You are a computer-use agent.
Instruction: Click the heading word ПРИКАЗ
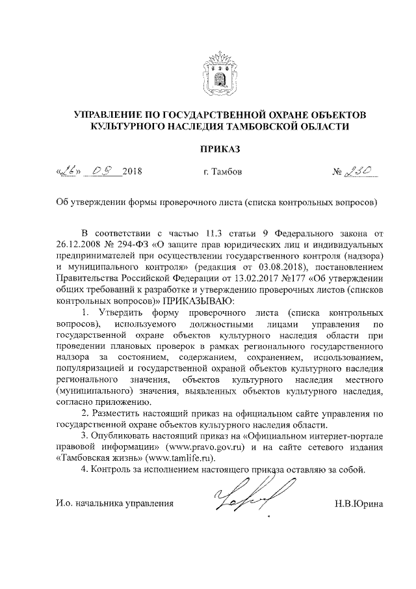tap(220, 149)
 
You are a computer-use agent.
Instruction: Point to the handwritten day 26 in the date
tap(68, 172)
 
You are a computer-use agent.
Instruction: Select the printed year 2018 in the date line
tap(131, 173)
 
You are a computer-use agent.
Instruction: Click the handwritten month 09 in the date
tap(103, 172)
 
